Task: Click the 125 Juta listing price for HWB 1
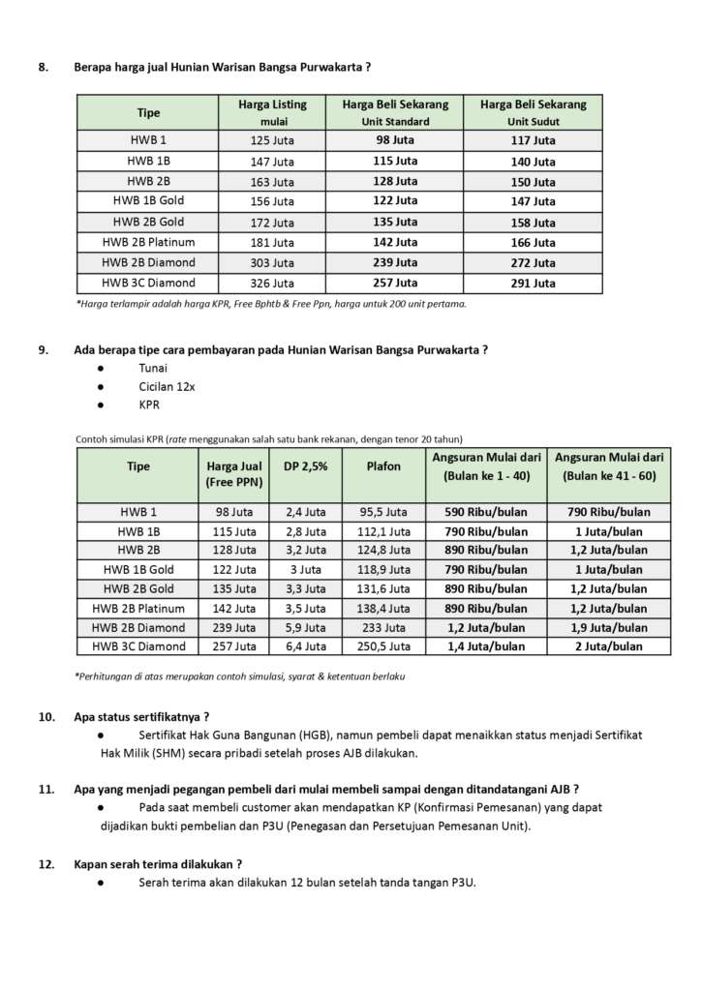[272, 140]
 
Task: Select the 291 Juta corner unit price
[534, 284]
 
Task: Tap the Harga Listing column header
[273, 105]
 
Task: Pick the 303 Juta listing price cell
[272, 263]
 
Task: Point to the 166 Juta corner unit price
[534, 243]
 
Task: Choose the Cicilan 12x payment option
[167, 387]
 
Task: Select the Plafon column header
[383, 466]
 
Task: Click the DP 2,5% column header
[305, 466]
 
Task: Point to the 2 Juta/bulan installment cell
[609, 646]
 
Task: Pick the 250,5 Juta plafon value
[383, 646]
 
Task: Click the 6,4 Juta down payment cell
[305, 646]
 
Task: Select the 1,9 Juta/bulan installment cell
[609, 627]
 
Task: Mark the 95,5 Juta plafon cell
[383, 512]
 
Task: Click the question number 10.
[46, 717]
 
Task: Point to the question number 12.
[46, 863]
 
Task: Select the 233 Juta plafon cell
[383, 627]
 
